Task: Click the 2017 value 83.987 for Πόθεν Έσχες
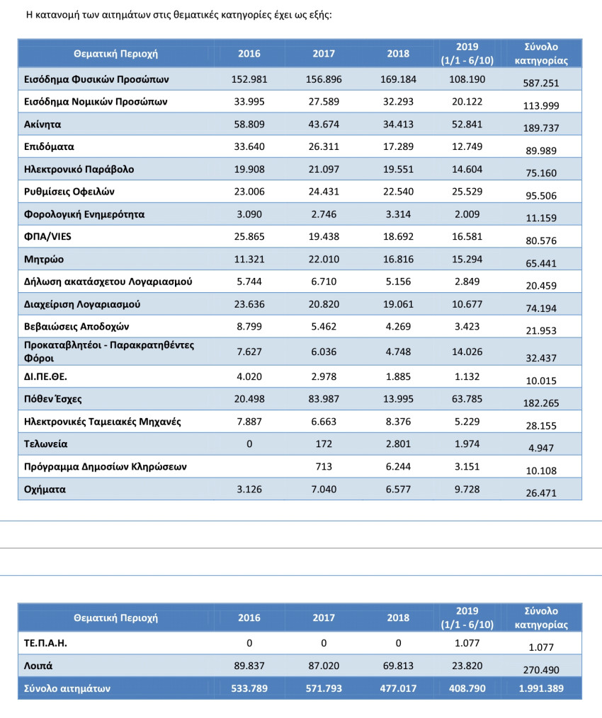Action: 323,399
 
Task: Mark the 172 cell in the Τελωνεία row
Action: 323,444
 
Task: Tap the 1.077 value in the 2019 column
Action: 467,643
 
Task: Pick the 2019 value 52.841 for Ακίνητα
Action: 467,124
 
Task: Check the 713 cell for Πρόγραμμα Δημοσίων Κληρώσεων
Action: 323,467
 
